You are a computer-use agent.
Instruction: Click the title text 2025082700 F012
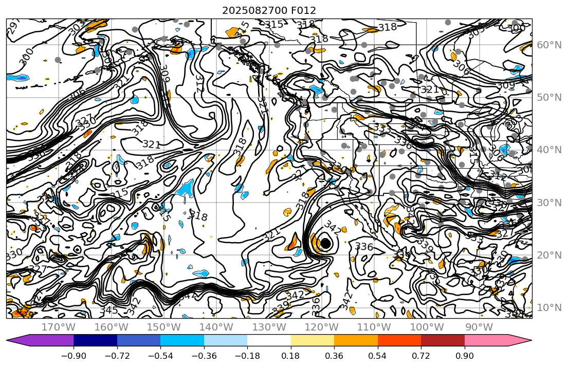pos(269,10)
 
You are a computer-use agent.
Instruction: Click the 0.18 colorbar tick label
pos(291,357)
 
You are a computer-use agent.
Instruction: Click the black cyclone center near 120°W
pos(325,244)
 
